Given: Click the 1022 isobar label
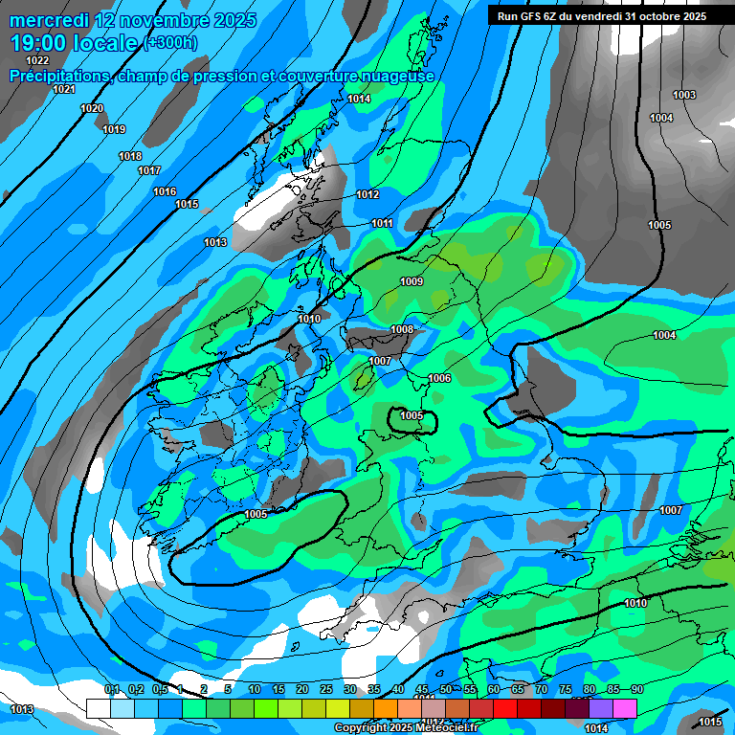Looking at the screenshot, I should coord(37,60).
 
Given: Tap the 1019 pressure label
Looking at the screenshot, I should coord(114,129).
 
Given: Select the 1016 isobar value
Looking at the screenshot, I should coord(165,191).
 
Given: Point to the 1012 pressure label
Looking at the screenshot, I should coord(367,194).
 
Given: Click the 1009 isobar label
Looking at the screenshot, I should coord(412,281).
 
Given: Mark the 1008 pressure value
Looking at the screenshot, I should coord(402,329).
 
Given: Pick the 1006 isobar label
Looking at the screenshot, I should coord(439,378).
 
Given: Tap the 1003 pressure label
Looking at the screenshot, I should coord(684,95).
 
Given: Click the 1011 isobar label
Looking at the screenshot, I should coord(382,223).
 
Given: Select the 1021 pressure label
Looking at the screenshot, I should coord(64,89).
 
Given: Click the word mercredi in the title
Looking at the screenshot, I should coord(51,20).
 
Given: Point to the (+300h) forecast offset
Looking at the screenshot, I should coord(170,43).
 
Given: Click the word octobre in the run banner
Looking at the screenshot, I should coord(649,16).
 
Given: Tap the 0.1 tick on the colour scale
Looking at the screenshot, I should coord(112,689).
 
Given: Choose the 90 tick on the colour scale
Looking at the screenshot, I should coord(636,689).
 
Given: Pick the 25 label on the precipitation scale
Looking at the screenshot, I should coord(326,689).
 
